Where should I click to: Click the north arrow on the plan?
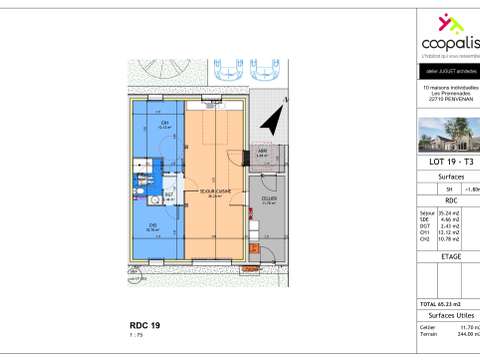pos(269,121)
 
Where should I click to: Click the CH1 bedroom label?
pos(164,126)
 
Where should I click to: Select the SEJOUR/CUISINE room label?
pos(211,195)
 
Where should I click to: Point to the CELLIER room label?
pos(270,199)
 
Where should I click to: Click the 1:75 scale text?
pos(136,337)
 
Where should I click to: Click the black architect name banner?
pos(446,73)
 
